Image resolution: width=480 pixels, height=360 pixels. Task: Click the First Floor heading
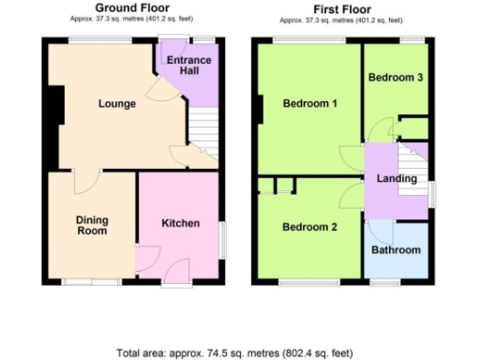[x=342, y=7]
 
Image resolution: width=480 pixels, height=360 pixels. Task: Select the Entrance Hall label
[x=188, y=67]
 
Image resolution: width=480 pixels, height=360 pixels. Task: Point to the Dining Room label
[x=92, y=225]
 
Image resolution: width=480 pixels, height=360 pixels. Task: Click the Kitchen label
[x=180, y=223]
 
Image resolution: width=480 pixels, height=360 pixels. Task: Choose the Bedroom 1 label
[x=309, y=103]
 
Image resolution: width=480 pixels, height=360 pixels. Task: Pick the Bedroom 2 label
[x=309, y=227]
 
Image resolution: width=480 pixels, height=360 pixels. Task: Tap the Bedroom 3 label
[x=397, y=78]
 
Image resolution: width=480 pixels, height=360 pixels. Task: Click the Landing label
[x=397, y=179]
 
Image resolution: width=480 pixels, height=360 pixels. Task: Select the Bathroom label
[x=397, y=250]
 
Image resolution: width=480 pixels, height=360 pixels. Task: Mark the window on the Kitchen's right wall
[x=222, y=240]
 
